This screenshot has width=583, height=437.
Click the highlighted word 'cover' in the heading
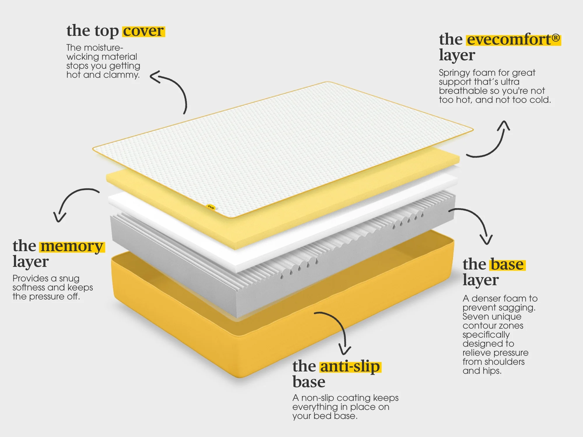[143, 31]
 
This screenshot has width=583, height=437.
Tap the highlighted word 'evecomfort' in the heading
[509, 40]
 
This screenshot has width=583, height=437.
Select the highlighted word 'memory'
[72, 246]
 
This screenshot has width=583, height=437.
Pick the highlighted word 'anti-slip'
[350, 366]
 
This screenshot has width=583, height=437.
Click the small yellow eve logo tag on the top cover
[210, 207]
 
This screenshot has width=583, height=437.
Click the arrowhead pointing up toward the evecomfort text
[504, 125]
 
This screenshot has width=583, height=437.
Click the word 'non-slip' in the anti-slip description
[317, 398]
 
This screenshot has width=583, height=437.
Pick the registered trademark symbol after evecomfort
[556, 38]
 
